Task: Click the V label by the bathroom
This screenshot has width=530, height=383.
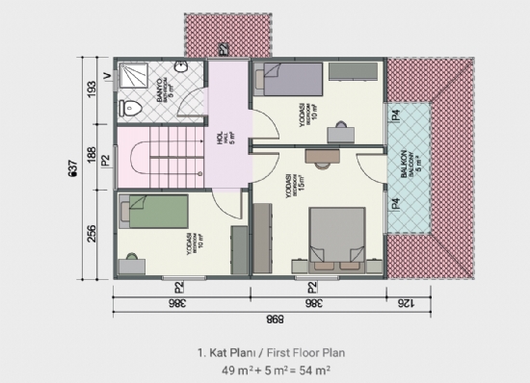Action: coord(106,72)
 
